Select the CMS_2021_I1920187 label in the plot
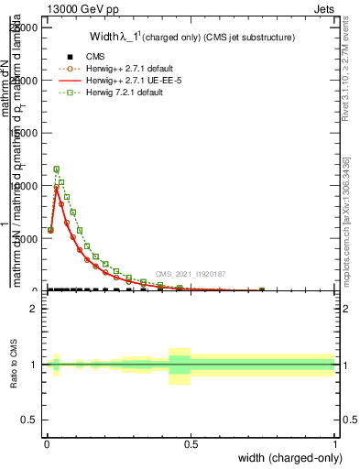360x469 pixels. coord(190,274)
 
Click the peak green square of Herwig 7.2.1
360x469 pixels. coord(57,169)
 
